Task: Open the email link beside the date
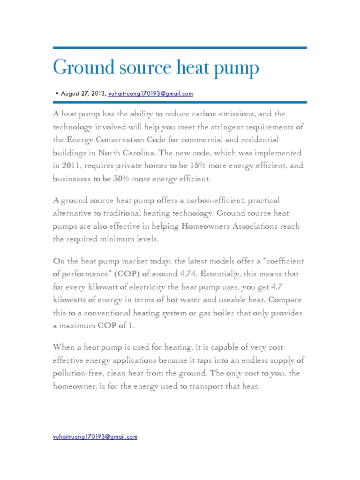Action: pos(150,93)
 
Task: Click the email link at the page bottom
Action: pos(95,436)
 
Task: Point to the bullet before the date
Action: pos(57,93)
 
